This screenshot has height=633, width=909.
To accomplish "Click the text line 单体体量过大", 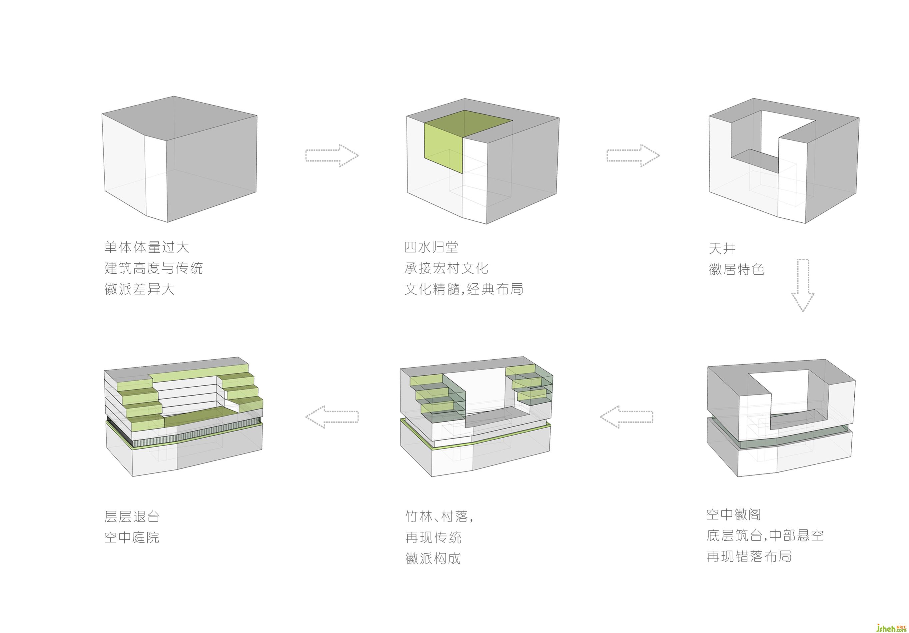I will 147,247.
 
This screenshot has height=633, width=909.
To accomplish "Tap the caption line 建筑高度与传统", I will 154,268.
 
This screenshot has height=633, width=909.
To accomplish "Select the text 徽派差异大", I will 139,289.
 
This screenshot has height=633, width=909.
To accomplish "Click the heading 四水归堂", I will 431,247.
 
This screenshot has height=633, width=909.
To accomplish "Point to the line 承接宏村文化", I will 446,268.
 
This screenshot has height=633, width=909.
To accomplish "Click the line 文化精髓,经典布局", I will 463,289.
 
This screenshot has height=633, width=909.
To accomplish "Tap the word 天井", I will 722,249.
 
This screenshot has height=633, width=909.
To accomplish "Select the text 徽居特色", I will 736,270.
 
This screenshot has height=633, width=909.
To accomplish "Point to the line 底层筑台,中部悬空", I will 765,536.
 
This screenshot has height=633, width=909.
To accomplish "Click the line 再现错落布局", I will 749,557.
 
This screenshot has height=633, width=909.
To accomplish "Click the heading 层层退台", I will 132,517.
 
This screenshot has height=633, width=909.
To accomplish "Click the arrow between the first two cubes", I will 332,156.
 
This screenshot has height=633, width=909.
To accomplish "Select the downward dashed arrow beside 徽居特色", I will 802,285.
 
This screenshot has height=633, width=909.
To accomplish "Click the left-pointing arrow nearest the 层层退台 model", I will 332,417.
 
